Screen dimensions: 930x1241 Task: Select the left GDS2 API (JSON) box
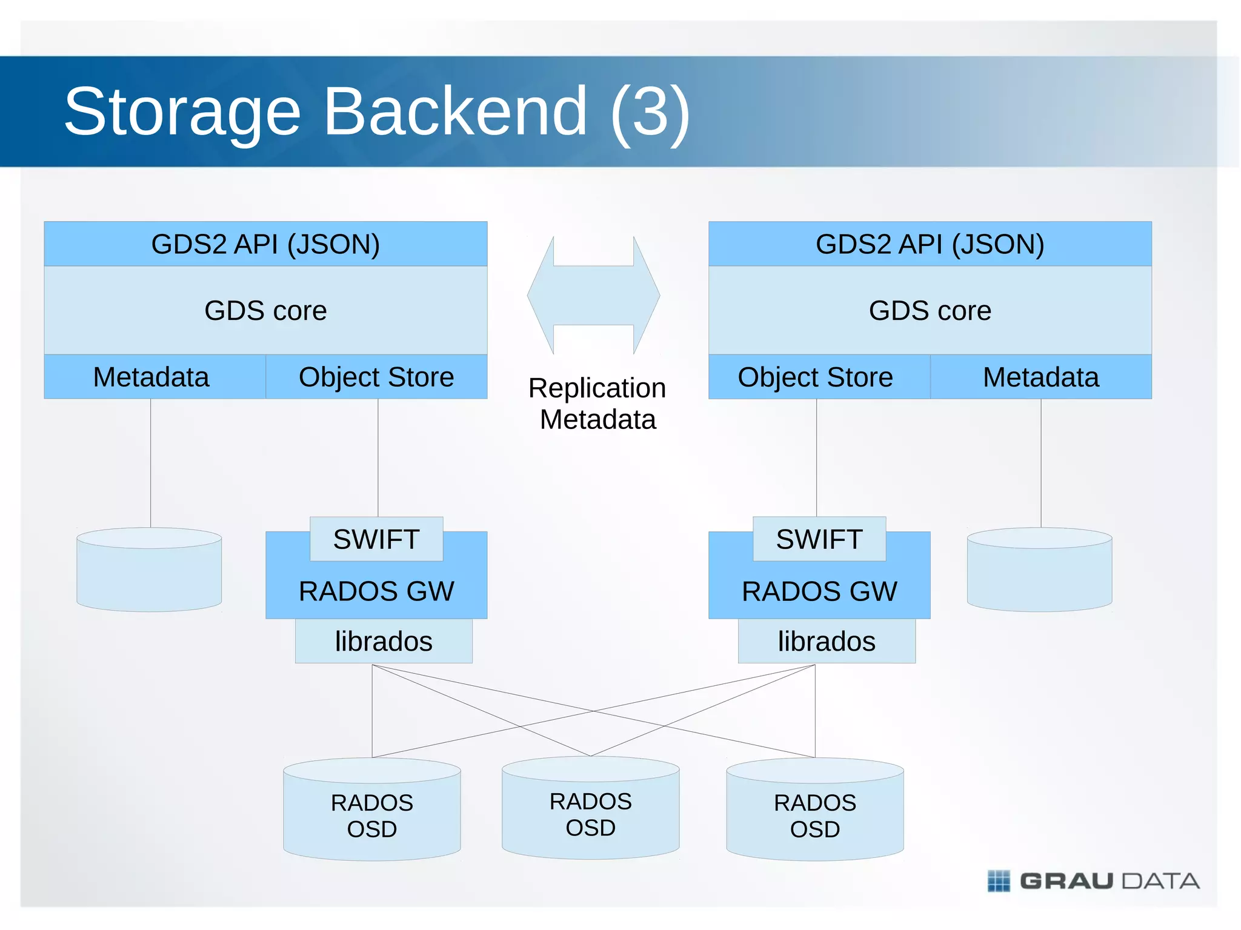coord(265,244)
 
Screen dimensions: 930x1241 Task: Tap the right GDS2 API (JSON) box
coord(930,244)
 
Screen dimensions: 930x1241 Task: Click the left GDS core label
coord(265,311)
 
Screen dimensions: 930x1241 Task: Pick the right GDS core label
coord(930,311)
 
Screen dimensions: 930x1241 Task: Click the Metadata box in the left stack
coord(151,377)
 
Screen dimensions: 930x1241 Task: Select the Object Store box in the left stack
coord(376,377)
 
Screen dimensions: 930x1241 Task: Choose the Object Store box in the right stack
coord(816,377)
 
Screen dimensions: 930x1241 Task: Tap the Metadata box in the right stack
coord(1040,377)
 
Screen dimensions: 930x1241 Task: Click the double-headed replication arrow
coord(594,296)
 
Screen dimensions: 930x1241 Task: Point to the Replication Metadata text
coord(597,404)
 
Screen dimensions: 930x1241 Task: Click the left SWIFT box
coord(376,539)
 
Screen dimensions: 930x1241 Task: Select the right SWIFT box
coord(819,539)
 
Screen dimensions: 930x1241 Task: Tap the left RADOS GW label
coord(376,591)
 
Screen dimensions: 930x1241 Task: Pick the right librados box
coord(827,641)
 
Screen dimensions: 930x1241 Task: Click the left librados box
coord(384,641)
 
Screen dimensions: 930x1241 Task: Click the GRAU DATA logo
coord(1093,881)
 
